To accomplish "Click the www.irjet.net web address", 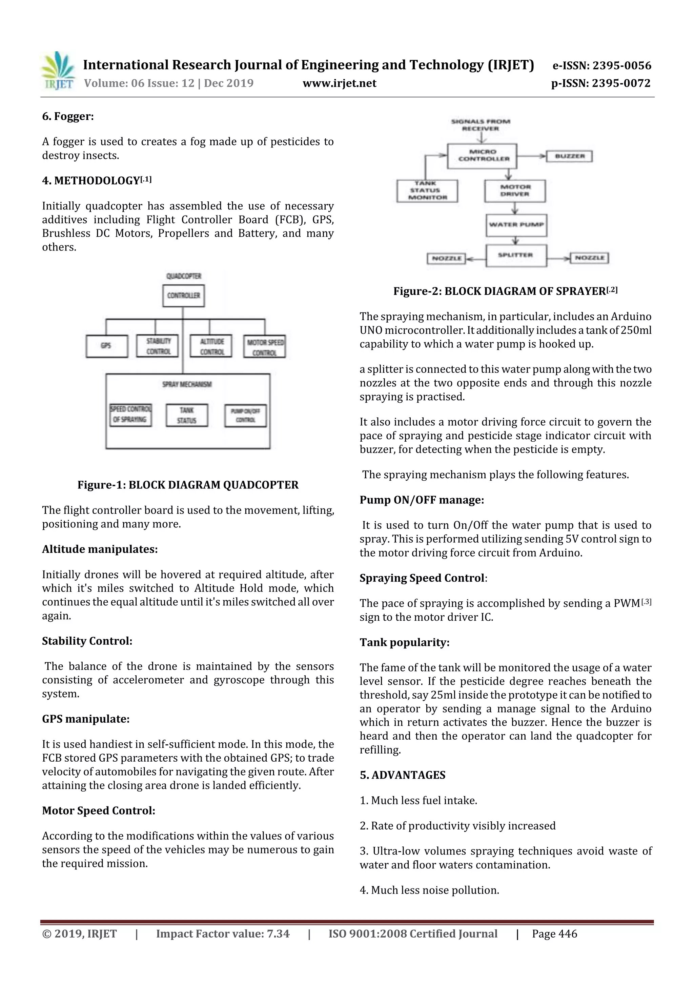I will coord(340,83).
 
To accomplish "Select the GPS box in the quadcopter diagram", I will coord(106,346).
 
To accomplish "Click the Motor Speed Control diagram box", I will coord(265,347).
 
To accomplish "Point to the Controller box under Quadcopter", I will coord(183,296).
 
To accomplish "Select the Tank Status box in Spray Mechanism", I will coord(187,415).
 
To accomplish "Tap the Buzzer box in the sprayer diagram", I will coord(570,156).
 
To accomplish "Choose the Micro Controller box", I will coord(482,156).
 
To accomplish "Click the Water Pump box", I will coord(516,225).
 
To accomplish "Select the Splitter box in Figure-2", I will coord(516,255).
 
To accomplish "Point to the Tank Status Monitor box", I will coord(427,191).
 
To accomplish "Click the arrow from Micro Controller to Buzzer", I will coord(531,156).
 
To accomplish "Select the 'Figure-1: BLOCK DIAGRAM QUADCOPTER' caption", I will coord(188,485).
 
